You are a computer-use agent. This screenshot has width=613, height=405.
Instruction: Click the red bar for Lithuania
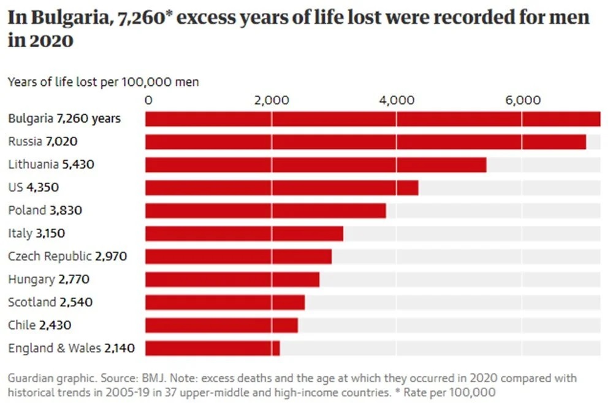pos(316,164)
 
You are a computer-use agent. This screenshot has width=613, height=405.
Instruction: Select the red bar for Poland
pos(265,210)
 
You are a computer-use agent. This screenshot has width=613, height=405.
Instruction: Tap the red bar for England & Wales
pos(212,349)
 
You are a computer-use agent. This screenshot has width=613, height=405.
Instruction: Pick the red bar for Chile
pos(221,325)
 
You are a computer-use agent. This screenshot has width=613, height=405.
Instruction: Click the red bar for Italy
pos(244,234)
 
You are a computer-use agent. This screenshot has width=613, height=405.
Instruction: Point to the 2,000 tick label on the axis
pos(272,101)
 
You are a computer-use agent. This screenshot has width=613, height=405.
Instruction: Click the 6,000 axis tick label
pos(522,101)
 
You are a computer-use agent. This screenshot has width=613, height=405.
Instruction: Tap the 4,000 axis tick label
pos(397,101)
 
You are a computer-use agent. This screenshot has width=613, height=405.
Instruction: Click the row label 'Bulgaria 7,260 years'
pos(64,118)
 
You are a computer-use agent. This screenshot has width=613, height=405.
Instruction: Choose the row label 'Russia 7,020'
pos(43,142)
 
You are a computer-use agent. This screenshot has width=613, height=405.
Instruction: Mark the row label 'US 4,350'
pos(34,187)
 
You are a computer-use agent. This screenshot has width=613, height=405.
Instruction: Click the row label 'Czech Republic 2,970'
pos(67,256)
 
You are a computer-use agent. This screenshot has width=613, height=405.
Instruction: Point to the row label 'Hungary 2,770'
pos(49,279)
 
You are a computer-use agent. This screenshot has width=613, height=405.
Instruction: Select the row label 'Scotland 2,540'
pos(50,302)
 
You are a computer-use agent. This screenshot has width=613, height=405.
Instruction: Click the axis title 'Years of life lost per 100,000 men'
pos(103,82)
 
